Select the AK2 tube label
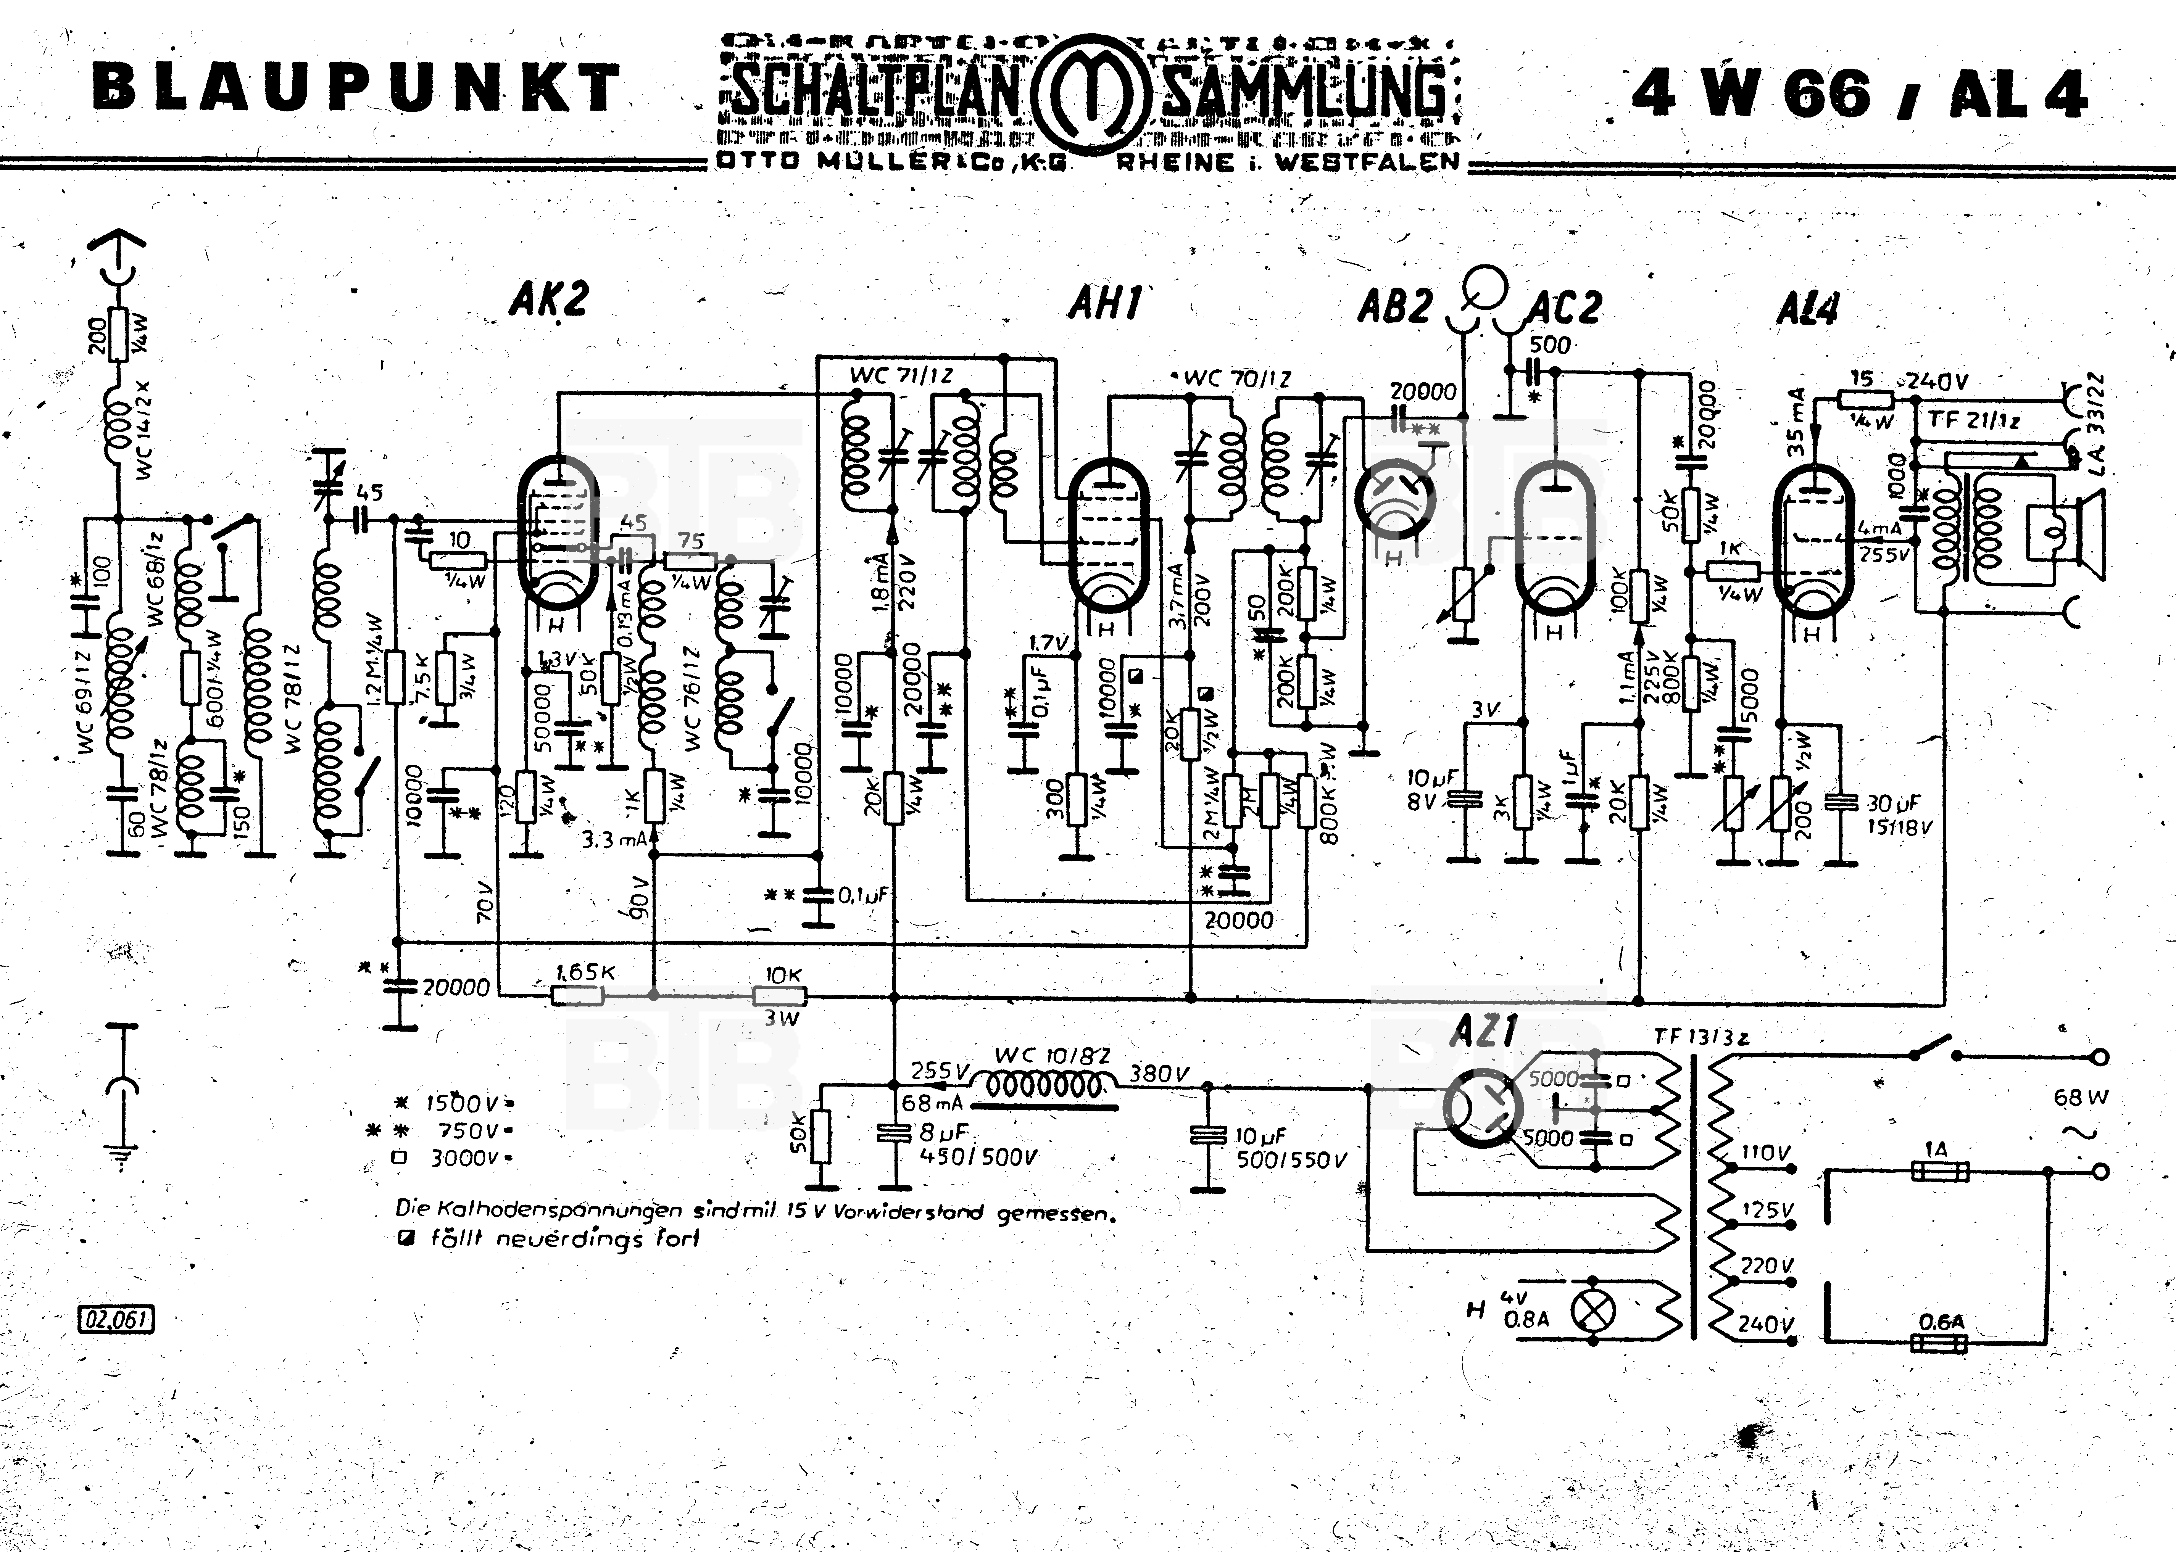click(548, 300)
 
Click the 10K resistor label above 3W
click(783, 975)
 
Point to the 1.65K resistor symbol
click(577, 996)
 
